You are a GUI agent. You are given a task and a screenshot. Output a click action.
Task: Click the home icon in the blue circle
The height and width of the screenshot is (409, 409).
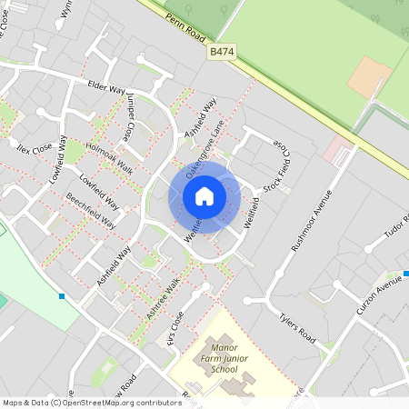[x=204, y=196]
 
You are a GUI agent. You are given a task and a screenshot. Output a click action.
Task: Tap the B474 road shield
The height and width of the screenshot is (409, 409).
[x=223, y=54]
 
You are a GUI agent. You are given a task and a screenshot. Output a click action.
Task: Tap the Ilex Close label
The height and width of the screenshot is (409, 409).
[x=34, y=146]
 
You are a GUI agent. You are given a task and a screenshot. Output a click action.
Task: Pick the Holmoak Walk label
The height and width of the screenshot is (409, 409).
[x=108, y=158]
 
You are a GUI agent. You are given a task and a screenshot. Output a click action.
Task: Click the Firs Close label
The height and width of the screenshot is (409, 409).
[x=175, y=327]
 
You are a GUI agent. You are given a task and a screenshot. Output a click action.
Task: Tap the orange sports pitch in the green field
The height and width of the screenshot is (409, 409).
[x=370, y=77]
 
